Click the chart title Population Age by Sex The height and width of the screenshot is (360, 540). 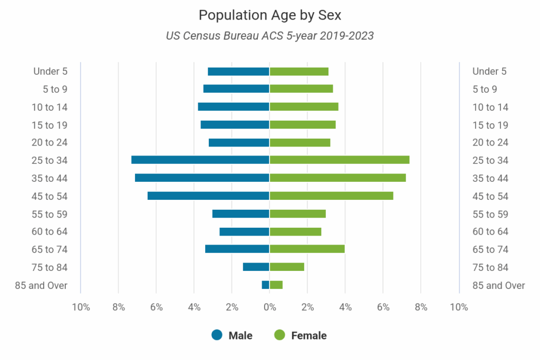269,15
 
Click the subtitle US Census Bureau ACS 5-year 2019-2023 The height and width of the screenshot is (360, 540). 269,36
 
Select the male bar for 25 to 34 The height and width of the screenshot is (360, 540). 200,160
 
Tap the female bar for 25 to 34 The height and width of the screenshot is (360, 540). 339,160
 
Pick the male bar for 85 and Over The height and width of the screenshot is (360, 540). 265,285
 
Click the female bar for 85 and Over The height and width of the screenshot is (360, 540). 276,285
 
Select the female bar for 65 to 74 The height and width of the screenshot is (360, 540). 307,249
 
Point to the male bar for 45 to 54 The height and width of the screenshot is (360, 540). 208,196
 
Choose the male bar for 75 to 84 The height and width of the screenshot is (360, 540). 256,267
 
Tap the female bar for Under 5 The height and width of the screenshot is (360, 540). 299,71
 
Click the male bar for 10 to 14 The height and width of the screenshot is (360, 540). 234,106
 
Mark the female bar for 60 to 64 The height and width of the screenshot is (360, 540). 295,231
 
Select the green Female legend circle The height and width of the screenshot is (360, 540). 279,335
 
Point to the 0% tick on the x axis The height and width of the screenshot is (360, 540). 269,307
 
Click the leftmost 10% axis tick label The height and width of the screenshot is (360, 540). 81,307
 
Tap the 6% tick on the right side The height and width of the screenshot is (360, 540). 383,307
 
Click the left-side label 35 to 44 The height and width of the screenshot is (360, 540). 50,178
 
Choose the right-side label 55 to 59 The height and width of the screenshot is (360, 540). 490,214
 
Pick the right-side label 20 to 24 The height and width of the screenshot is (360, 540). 490,142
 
